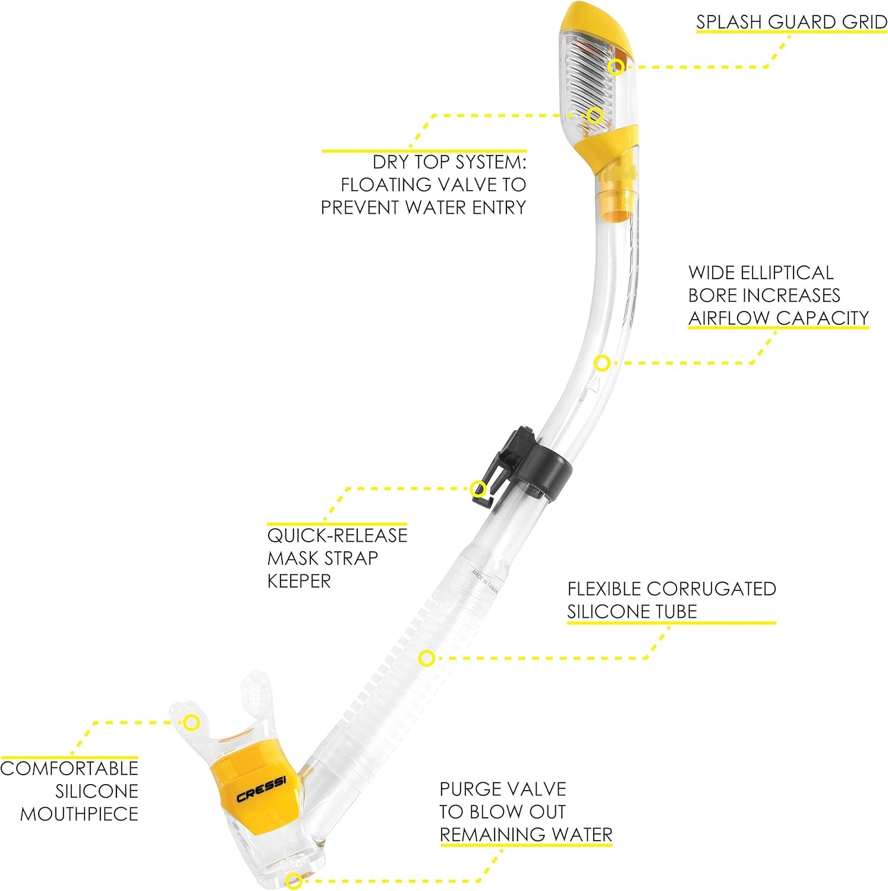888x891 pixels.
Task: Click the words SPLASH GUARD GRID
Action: click(792, 22)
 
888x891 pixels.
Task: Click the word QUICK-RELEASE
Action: click(337, 535)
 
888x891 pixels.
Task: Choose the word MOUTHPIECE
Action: click(79, 814)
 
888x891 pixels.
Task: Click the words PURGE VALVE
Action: click(503, 789)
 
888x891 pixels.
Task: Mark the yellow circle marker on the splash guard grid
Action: click(618, 66)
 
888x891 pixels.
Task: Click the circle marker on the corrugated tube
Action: click(426, 658)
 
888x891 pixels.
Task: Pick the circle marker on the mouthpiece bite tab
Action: click(191, 722)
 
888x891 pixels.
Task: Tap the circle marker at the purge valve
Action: click(291, 881)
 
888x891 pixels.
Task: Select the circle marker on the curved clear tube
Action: click(602, 363)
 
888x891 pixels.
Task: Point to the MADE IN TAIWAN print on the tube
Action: click(485, 586)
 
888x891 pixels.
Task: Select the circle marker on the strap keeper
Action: click(479, 489)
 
